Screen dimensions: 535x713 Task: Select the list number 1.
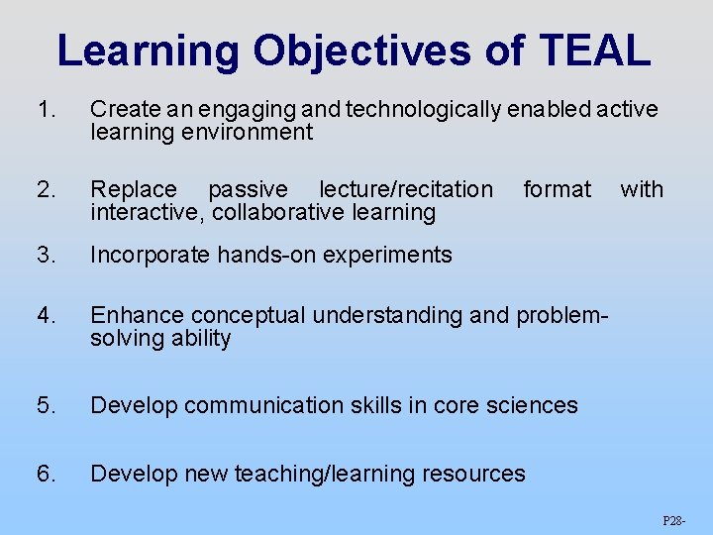click(45, 109)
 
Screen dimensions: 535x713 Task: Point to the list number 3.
click(45, 255)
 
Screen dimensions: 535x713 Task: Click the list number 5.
click(45, 405)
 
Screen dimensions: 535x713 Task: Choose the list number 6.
click(45, 474)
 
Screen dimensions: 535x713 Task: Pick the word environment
click(252, 132)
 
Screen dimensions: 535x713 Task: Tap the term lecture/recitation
click(405, 188)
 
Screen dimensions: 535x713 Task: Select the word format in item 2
click(557, 188)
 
